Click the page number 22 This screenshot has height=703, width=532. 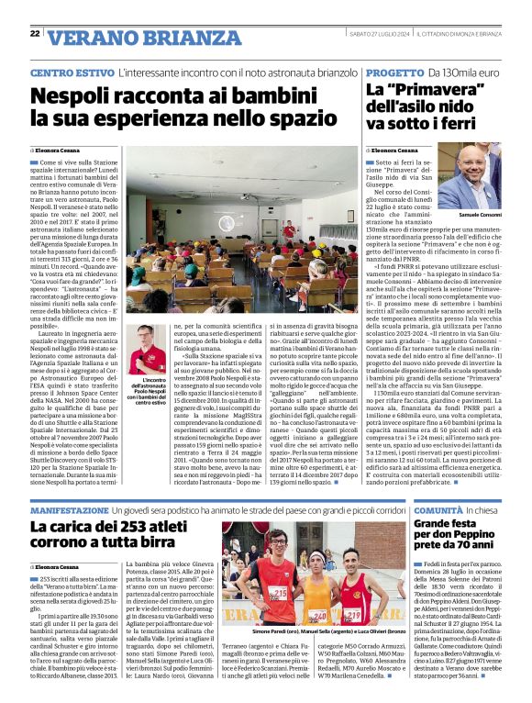35,33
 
